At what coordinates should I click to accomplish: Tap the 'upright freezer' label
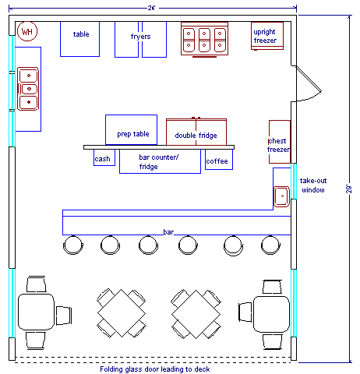coord(265,36)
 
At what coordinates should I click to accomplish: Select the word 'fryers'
coord(140,37)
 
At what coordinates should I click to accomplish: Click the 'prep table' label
coord(133,134)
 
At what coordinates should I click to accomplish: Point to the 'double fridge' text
coord(196,136)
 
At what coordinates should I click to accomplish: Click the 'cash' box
coord(104,157)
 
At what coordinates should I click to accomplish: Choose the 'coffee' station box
coord(219,160)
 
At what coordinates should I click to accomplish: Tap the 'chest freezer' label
coord(278,145)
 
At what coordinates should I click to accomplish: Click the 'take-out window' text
coord(313,185)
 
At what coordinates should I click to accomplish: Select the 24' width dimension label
coord(151,8)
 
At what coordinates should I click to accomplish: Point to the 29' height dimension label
coord(348,189)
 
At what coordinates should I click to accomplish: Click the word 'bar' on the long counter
coord(168,232)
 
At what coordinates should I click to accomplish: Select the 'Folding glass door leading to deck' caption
coord(155,369)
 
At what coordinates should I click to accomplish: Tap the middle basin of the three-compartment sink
coord(29,89)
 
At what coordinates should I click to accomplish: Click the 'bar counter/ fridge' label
coord(158,161)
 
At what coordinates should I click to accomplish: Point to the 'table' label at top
coord(81,34)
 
